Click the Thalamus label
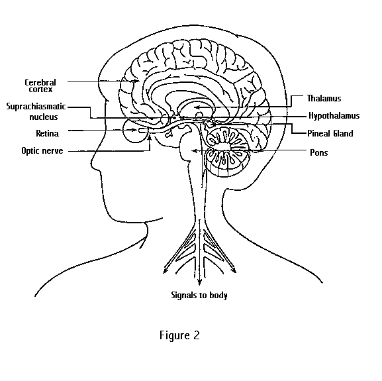(324, 98)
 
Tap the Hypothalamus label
(334, 115)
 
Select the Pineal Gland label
(330, 133)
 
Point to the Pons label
(318, 152)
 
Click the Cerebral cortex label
(40, 85)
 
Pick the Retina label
(47, 133)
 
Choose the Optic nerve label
(42, 150)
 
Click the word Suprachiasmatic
(36, 106)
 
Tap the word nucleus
(44, 117)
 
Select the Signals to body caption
(199, 296)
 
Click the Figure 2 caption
(179, 335)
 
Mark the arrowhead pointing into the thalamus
(198, 107)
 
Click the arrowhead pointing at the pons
(194, 151)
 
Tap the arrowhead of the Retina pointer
(134, 130)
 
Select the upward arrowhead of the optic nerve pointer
(150, 138)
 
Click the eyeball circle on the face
(123, 131)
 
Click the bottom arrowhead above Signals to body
(199, 282)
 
